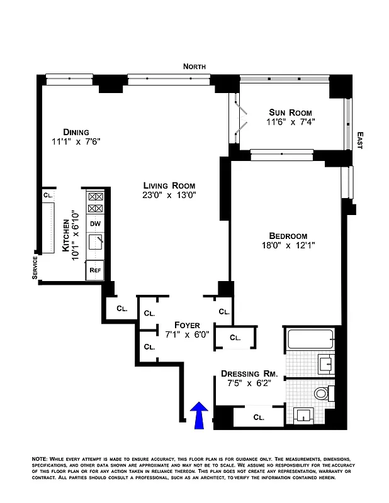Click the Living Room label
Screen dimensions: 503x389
coord(169,185)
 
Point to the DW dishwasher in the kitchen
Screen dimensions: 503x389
coord(95,223)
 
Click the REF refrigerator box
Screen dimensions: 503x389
coord(95,270)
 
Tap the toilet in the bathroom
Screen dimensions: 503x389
coord(321,394)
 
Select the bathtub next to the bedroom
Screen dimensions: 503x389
coord(312,341)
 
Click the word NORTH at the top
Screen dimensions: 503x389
coord(194,67)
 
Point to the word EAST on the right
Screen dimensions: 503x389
coord(359,140)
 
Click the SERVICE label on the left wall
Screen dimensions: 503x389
coord(35,268)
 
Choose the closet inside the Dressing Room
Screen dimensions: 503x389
coord(258,417)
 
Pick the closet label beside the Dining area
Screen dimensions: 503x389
coord(47,196)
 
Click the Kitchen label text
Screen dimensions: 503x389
coord(66,239)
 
